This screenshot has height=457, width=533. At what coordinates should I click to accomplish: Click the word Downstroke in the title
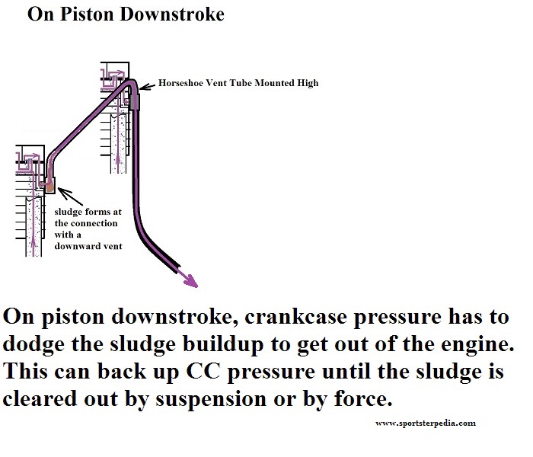(x=177, y=14)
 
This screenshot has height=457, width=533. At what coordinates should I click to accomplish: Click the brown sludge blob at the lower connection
(x=48, y=184)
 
